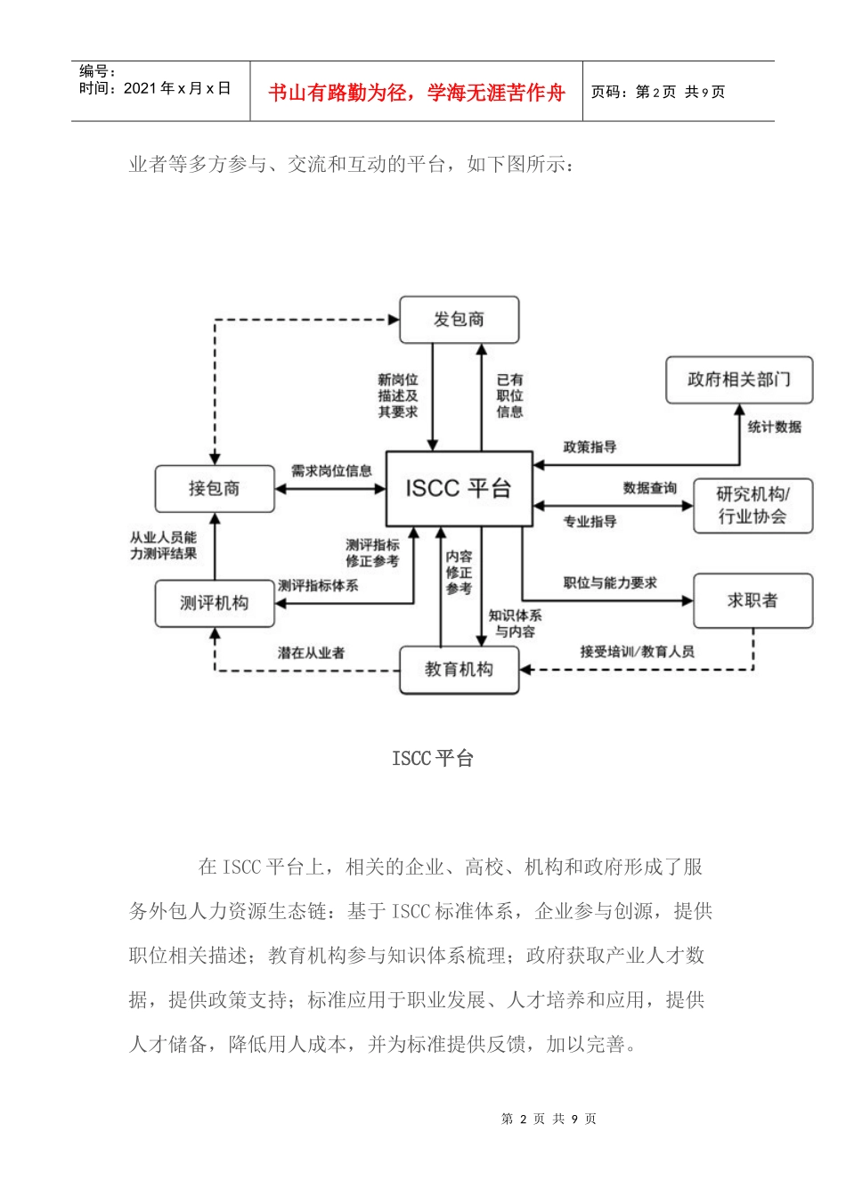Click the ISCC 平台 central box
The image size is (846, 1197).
459,488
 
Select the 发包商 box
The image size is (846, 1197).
459,320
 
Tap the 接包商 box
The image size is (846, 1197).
215,489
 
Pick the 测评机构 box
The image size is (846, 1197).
215,603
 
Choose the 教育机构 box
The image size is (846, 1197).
459,670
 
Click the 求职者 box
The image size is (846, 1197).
752,601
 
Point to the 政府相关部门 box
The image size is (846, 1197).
738,380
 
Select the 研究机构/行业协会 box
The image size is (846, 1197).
752,506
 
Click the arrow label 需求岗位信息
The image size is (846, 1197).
331,471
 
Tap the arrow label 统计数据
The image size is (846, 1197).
774,427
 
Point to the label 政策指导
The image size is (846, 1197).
590,447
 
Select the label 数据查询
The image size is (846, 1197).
649,488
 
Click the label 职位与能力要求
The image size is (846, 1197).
610,583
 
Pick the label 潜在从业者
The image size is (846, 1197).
311,654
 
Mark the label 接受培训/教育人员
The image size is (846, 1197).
637,652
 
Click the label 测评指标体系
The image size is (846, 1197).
318,586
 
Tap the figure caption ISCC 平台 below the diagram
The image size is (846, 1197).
433,759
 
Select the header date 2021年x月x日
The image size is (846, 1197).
177,88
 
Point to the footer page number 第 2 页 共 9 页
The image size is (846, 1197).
549,1120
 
